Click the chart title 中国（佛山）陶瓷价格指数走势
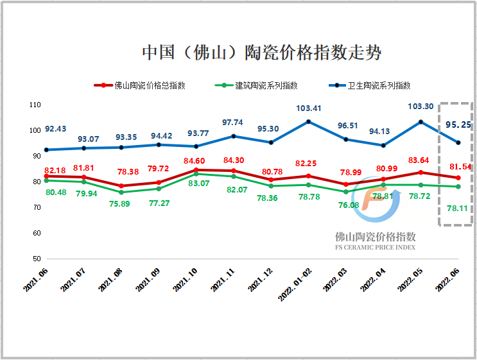(x=261, y=53)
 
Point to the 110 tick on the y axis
(x=35, y=105)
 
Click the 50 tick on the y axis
(x=37, y=259)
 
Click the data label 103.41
(x=309, y=108)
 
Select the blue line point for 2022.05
(x=421, y=122)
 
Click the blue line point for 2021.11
(x=233, y=136)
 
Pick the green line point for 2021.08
(x=121, y=193)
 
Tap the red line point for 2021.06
(x=46, y=176)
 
